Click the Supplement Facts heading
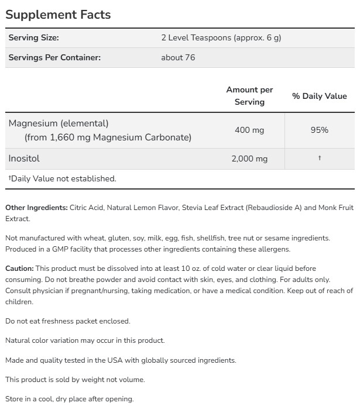58,15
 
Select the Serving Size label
34,38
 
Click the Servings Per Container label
54,57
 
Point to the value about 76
178,57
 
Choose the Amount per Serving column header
249,95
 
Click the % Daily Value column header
319,96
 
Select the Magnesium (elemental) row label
59,123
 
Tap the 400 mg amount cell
249,130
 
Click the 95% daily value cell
319,130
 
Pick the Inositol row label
24,159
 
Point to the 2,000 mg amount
249,159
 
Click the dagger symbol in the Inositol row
319,159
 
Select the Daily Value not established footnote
62,178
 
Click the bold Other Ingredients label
36,208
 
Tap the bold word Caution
20,268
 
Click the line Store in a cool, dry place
70,399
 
